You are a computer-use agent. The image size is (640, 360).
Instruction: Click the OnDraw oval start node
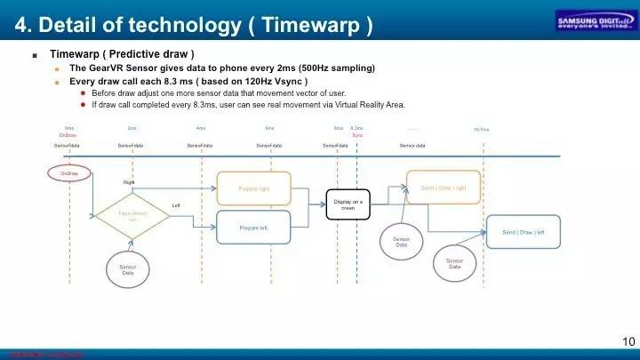tap(68, 172)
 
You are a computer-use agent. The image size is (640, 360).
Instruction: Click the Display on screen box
tap(348, 204)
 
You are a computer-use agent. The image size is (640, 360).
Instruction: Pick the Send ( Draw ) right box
tap(443, 188)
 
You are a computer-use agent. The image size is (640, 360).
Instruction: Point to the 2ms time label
tap(132, 128)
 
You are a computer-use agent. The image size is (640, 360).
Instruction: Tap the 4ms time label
tap(200, 128)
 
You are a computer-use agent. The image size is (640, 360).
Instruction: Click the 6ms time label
tap(269, 128)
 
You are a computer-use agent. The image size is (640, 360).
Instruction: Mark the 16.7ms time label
tap(481, 130)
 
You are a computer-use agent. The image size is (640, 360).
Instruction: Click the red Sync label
tap(356, 135)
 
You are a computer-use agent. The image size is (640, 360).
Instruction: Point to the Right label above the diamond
tap(129, 182)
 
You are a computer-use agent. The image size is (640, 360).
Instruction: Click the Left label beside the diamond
tap(176, 205)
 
